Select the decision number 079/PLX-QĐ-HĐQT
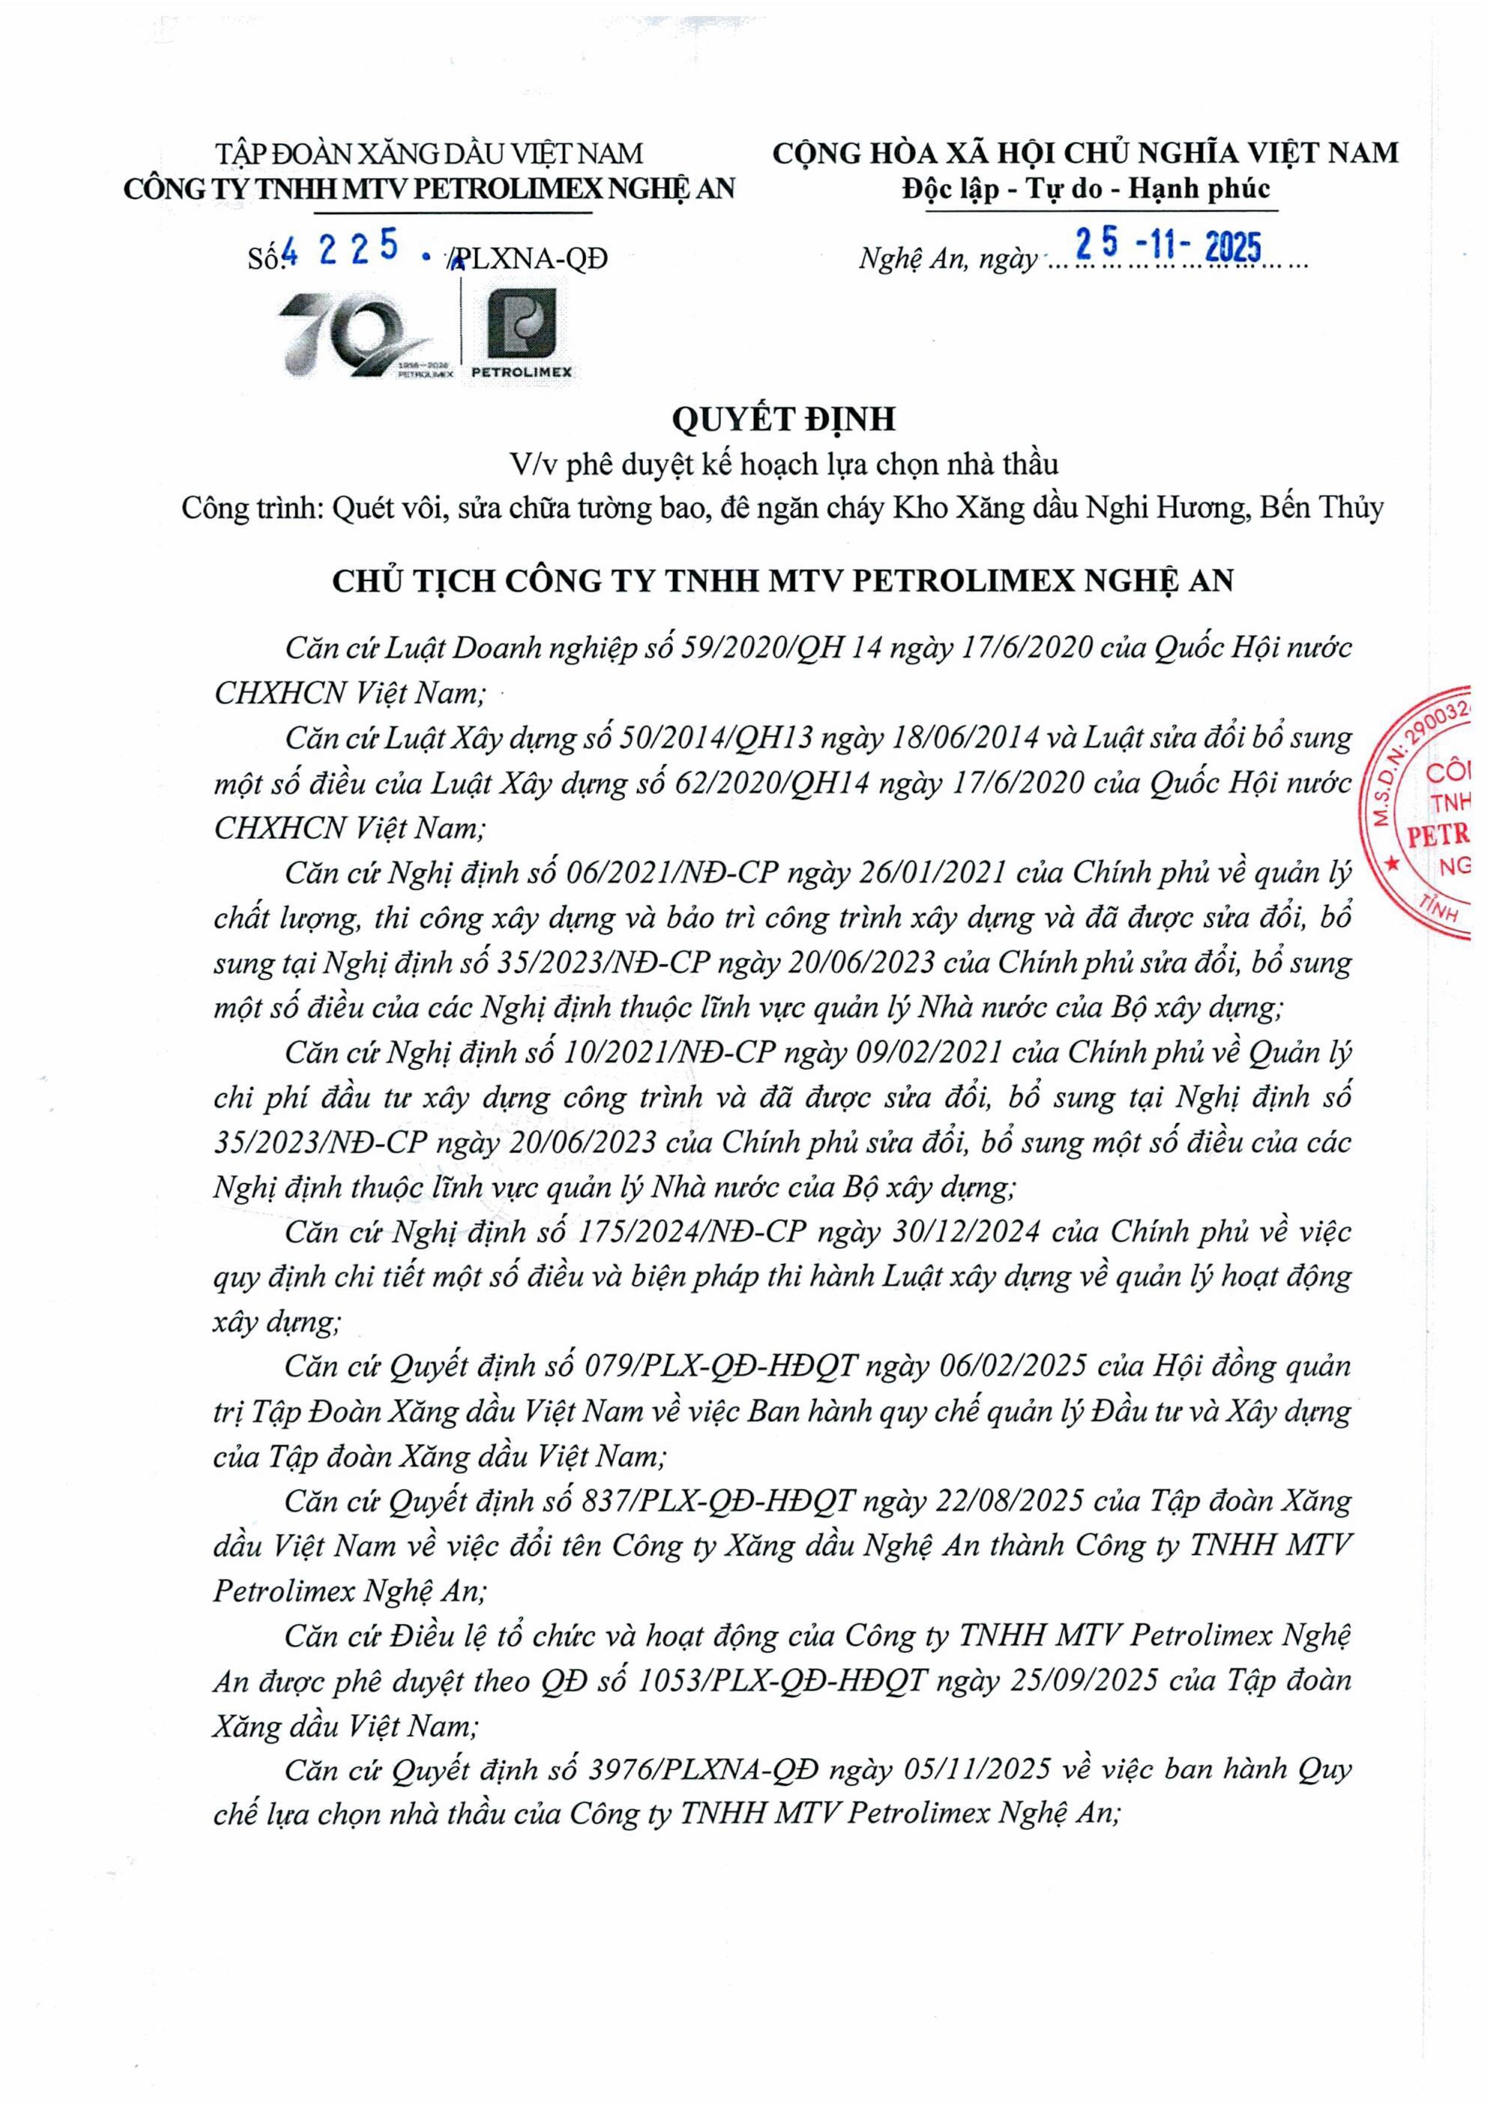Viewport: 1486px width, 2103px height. coord(721,1366)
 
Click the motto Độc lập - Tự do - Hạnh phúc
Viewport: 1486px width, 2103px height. coord(1086,189)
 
